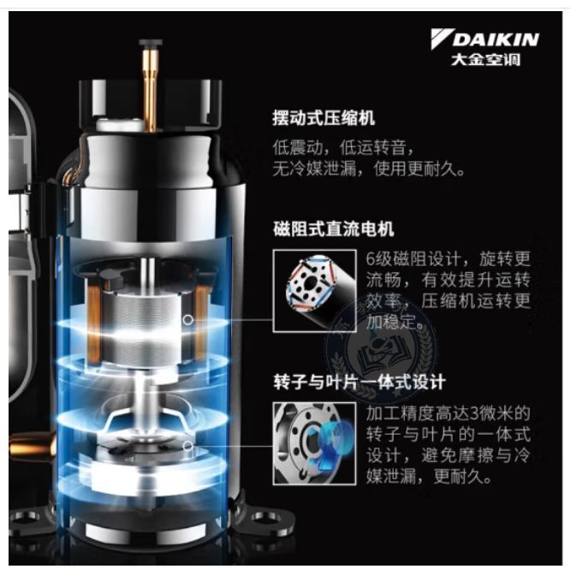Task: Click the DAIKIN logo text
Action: [496, 39]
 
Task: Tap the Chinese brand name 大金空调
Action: [485, 59]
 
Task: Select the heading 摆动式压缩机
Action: [324, 118]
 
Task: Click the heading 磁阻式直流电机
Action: [334, 229]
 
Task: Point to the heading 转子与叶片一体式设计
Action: [359, 382]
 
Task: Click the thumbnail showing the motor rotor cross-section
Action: [314, 291]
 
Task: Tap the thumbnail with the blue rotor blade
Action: [314, 443]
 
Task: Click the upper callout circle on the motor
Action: [187, 320]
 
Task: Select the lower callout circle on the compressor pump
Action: [187, 447]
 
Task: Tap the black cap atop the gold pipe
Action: [151, 43]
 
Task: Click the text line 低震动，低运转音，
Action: [344, 148]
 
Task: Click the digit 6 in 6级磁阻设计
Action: [371, 259]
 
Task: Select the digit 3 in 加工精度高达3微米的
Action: [474, 413]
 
